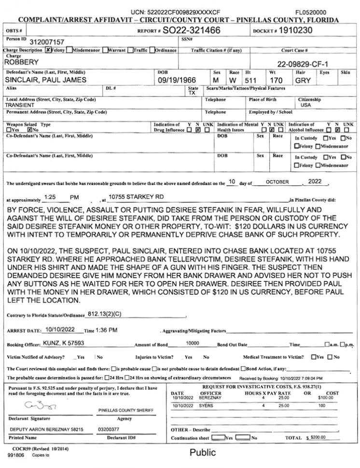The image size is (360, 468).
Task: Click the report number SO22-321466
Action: pos(192,30)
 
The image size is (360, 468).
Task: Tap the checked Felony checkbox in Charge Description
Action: pos(48,50)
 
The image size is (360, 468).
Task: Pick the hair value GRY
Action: pos(303,80)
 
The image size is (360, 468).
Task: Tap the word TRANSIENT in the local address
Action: pos(19,105)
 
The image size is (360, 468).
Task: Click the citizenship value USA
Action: pos(306,105)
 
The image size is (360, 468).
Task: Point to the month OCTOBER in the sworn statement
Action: pos(277,182)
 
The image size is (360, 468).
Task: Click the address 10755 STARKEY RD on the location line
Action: pos(137,197)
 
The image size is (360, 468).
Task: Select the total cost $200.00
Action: pos(317,437)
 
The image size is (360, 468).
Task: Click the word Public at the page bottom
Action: pos(202,453)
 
